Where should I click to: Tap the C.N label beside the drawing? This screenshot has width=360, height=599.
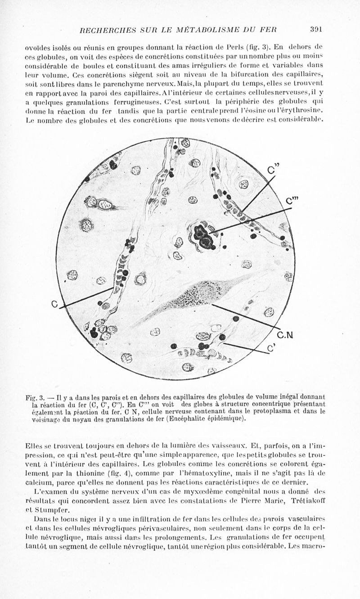285,335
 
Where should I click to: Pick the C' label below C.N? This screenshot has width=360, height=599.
271,347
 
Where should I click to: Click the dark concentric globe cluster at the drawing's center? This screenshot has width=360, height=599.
204,236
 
